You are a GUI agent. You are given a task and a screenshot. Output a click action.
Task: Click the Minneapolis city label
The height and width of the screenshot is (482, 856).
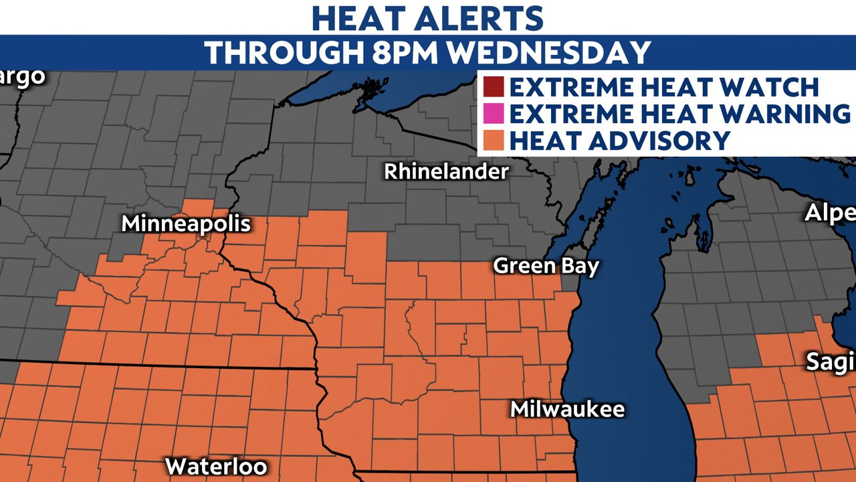point(186,224)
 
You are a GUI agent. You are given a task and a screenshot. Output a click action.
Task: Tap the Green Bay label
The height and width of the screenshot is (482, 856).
point(546,266)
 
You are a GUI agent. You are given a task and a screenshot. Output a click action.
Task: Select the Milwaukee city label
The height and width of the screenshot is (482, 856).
point(567,409)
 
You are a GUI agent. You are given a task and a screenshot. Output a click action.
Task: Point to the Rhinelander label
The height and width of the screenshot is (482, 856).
point(446,171)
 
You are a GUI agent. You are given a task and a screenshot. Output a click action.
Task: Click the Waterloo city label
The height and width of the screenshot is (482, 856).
point(216,466)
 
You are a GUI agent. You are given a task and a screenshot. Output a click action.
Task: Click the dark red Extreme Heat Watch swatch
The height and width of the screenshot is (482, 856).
point(494,88)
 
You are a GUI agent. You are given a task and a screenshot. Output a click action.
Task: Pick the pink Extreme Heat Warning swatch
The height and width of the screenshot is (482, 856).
point(494,114)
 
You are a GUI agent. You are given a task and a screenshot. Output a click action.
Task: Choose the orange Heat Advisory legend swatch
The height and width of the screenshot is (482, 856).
point(494,141)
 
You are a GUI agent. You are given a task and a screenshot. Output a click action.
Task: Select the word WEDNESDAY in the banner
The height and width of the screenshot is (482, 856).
point(549,52)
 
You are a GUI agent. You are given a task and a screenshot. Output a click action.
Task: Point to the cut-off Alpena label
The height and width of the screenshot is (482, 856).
point(830,213)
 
